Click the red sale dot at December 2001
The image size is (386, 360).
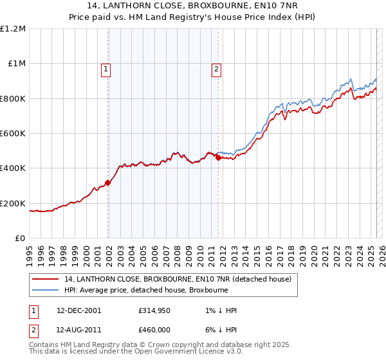108,183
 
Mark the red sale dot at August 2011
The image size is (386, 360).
218,157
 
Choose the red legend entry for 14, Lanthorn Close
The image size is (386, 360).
178,279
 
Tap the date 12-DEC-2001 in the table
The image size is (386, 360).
78,310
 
